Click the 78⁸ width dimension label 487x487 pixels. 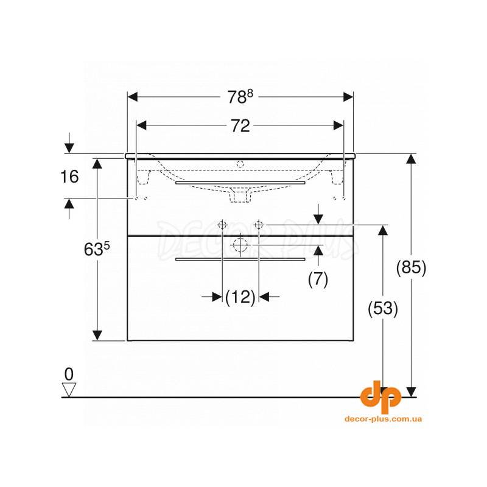(240, 97)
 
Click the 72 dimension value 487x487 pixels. (240, 126)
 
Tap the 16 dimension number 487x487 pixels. (69, 177)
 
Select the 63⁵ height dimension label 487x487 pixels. (97, 249)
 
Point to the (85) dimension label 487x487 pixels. (412, 267)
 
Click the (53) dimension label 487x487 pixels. (383, 309)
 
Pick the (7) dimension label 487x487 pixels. (318, 279)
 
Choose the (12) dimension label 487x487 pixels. (240, 297)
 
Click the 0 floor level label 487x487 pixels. (69, 374)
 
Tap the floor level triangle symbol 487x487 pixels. (69, 390)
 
